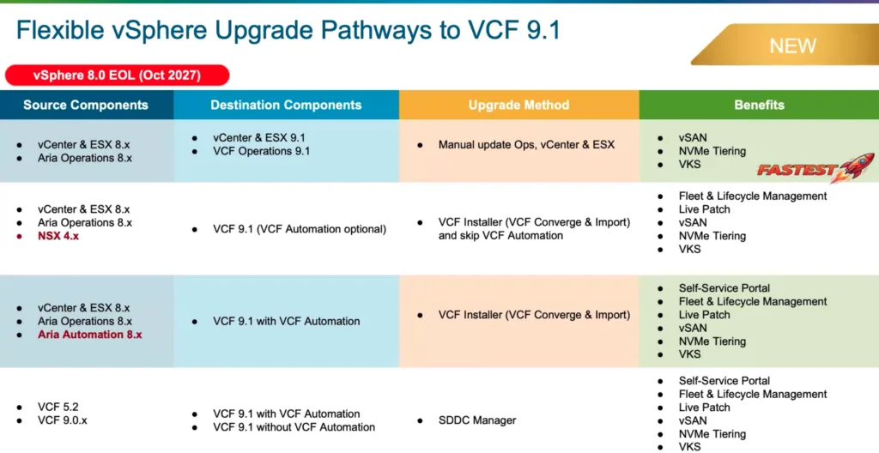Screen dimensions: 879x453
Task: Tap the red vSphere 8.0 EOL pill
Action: [117, 75]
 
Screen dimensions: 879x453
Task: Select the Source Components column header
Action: [86, 105]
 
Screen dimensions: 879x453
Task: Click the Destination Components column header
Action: [286, 105]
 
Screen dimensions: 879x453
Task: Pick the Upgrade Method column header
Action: [518, 105]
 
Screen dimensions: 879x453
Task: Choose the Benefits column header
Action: [759, 105]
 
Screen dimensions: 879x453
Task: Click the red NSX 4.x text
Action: [58, 236]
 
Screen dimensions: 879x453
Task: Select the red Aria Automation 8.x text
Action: [89, 335]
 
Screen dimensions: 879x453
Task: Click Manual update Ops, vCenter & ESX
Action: [526, 145]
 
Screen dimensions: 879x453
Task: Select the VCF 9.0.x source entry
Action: [63, 420]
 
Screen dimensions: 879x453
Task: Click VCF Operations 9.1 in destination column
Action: [261, 151]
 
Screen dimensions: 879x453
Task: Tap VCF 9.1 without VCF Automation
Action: [294, 427]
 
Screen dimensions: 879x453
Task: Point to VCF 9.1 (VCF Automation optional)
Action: [300, 229]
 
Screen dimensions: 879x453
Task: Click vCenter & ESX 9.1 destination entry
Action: [259, 137]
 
